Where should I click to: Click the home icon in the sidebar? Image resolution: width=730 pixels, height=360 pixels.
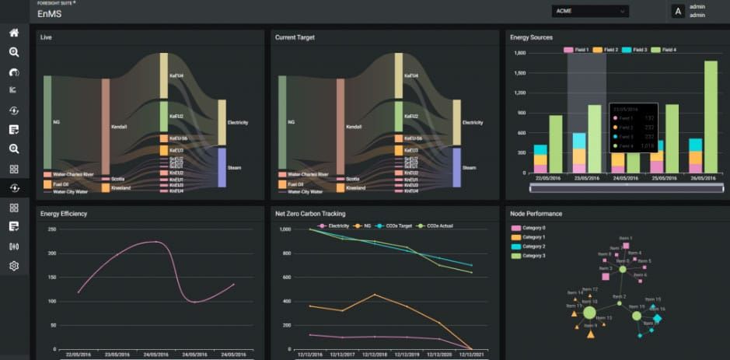pyautogui.click(x=14, y=33)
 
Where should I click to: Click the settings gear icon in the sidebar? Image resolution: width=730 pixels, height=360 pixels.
pyautogui.click(x=14, y=266)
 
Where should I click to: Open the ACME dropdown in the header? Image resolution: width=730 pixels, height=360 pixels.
pyautogui.click(x=590, y=11)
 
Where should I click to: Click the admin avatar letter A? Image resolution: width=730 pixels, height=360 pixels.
pyautogui.click(x=677, y=11)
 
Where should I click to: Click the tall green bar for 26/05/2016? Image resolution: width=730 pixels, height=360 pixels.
pyautogui.click(x=710, y=117)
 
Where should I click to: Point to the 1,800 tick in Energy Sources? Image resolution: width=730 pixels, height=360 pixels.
pyautogui.click(x=520, y=53)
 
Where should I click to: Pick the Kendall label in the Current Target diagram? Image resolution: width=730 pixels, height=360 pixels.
pyautogui.click(x=354, y=126)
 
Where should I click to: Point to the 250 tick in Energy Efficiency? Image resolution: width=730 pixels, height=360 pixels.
pyautogui.click(x=52, y=229)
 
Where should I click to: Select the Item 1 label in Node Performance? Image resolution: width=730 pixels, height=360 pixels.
pyautogui.click(x=625, y=237)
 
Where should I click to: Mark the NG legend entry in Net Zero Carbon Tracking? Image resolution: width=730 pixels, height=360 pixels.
pyautogui.click(x=362, y=225)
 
